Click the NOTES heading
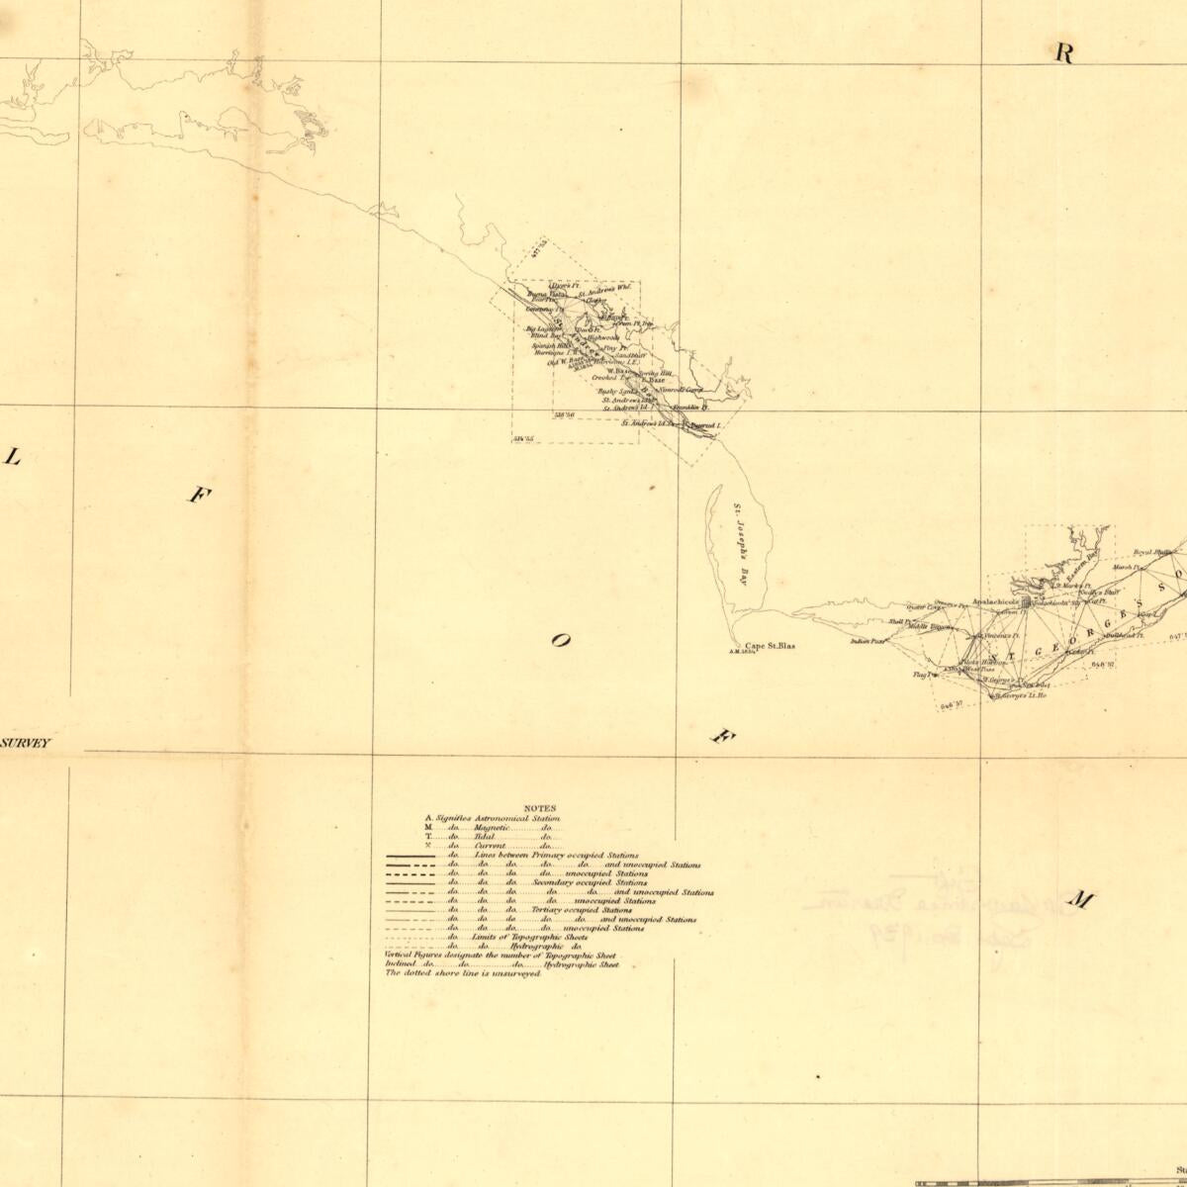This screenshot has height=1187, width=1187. [x=540, y=808]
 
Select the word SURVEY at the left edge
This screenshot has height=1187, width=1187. [x=26, y=742]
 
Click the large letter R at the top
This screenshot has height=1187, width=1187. [x=1063, y=53]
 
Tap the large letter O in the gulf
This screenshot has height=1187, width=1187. [x=560, y=641]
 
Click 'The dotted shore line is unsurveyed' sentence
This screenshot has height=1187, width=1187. [x=463, y=973]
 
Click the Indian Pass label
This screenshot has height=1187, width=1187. [x=866, y=641]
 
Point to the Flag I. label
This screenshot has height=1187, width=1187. [x=923, y=675]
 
